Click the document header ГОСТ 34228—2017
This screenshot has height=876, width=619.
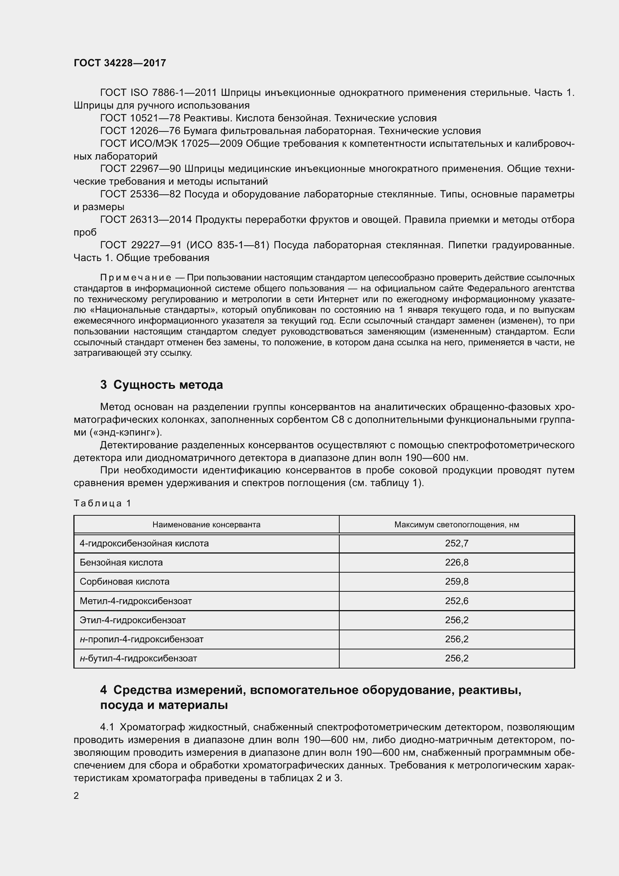pos(120,63)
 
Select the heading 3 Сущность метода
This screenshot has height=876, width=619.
pos(161,385)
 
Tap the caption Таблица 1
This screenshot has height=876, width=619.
pos(102,503)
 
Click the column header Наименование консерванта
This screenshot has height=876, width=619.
pos(206,525)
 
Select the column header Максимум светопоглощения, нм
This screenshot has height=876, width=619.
pos(456,525)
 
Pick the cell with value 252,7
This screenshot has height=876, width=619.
pos(456,543)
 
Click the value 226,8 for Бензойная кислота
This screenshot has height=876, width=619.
pos(456,563)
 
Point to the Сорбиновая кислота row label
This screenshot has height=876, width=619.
pos(124,582)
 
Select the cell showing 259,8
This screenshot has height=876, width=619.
pos(456,582)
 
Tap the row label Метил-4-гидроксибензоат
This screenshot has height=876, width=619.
pos(136,601)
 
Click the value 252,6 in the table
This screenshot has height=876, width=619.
pos(456,601)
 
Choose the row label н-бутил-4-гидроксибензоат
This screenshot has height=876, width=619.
pos(138,658)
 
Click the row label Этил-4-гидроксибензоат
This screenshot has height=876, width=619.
pos(132,620)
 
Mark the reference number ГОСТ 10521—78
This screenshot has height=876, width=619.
pos(140,118)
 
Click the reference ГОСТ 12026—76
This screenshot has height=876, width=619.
pos(140,131)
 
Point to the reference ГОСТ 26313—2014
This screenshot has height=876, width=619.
pos(146,220)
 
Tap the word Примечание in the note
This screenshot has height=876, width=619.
pos(136,278)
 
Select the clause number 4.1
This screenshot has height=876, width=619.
pos(107,727)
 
